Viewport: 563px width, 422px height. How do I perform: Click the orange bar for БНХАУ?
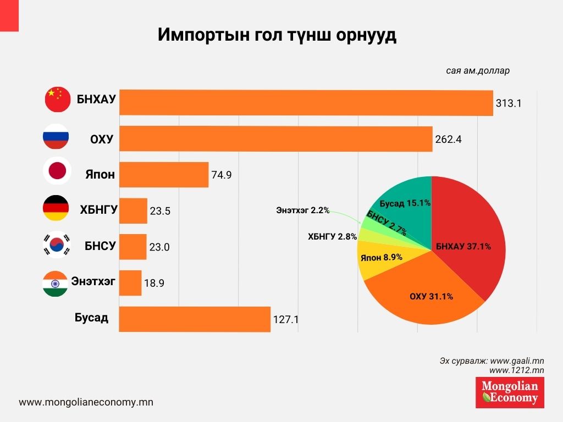(x=306, y=103)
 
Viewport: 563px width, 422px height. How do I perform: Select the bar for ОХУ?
(x=275, y=138)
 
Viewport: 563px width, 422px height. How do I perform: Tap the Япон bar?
(x=163, y=175)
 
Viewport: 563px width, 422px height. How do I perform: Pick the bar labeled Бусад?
(x=195, y=319)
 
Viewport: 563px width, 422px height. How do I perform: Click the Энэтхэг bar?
(x=130, y=283)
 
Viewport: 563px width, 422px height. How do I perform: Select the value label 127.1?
(x=285, y=319)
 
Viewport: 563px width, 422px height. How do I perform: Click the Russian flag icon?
(x=56, y=137)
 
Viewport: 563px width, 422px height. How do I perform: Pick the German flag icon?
(x=56, y=208)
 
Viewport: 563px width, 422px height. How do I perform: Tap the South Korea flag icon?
(x=56, y=245)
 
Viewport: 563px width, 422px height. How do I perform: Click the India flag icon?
(x=56, y=284)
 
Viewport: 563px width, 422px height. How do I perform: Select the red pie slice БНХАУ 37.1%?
(x=467, y=236)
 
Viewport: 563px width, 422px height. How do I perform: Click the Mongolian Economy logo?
(x=510, y=392)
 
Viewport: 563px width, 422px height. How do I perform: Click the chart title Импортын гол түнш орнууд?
(x=277, y=35)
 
